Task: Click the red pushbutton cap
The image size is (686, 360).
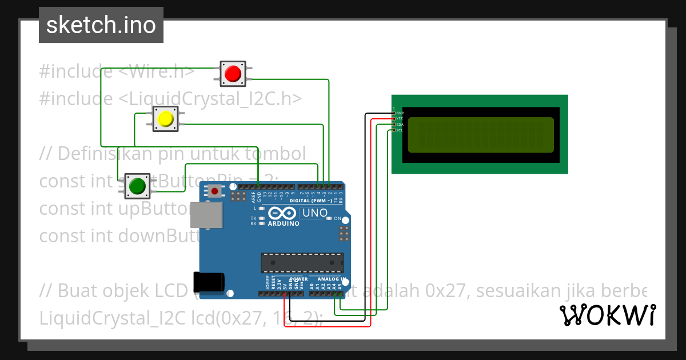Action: pos(232,73)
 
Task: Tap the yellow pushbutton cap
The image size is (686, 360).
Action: pos(165,119)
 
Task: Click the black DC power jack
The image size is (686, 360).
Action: pos(209,282)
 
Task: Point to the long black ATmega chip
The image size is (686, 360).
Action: pos(302,262)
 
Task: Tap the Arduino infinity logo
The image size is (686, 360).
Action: pos(283,214)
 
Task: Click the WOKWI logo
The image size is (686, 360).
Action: pos(607,315)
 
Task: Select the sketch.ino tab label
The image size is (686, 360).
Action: pos(101,25)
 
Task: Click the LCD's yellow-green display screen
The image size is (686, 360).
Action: pos(480,135)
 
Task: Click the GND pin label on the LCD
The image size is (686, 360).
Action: pos(400,113)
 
